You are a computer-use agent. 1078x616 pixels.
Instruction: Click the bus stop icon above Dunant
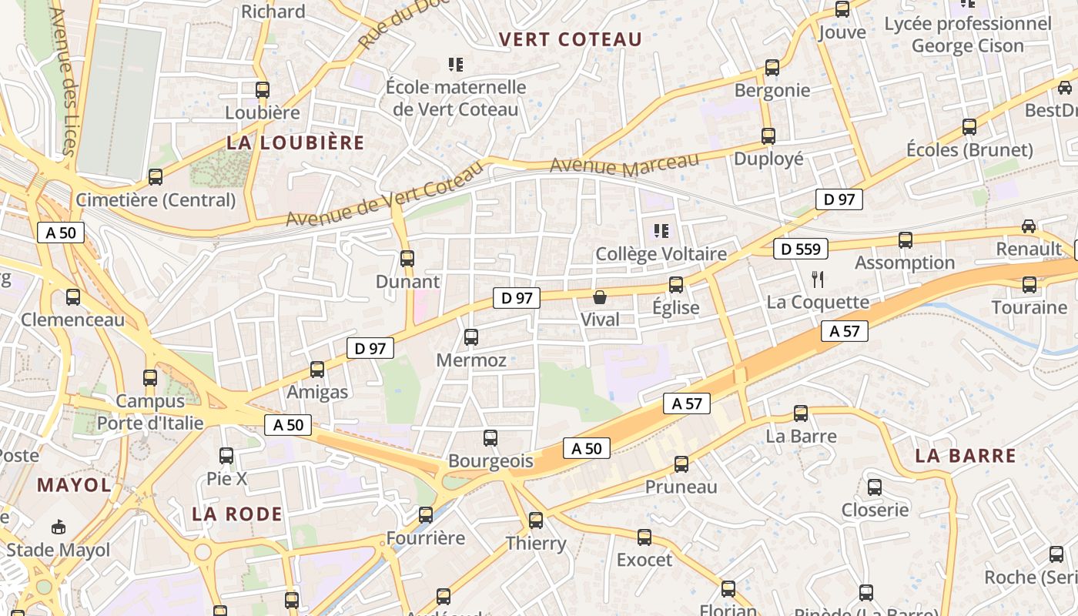407,259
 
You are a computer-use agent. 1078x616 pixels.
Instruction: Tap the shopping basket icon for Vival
600,297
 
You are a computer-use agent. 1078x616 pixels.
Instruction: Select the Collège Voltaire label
661,254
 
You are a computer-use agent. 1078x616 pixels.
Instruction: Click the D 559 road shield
801,249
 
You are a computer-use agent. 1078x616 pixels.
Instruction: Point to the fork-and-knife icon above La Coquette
818,279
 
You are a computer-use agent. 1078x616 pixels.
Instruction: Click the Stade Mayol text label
59,551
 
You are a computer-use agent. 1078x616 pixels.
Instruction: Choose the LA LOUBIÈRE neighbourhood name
295,142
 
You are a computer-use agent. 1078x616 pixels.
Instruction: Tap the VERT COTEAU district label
570,40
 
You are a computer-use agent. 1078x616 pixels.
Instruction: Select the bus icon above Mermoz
471,337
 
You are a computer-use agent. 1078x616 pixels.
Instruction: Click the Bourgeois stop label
490,461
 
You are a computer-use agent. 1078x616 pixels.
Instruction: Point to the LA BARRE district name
966,456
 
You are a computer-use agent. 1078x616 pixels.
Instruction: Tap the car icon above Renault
1029,226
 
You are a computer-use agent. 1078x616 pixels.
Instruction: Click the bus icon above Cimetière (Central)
156,177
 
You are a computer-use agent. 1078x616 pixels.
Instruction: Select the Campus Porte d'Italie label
150,412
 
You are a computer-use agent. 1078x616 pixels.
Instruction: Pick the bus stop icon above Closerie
875,487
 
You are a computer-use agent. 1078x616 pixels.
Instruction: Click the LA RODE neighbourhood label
237,514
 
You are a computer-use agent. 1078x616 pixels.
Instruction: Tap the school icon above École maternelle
456,65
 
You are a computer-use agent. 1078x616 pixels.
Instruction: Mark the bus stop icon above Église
676,285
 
